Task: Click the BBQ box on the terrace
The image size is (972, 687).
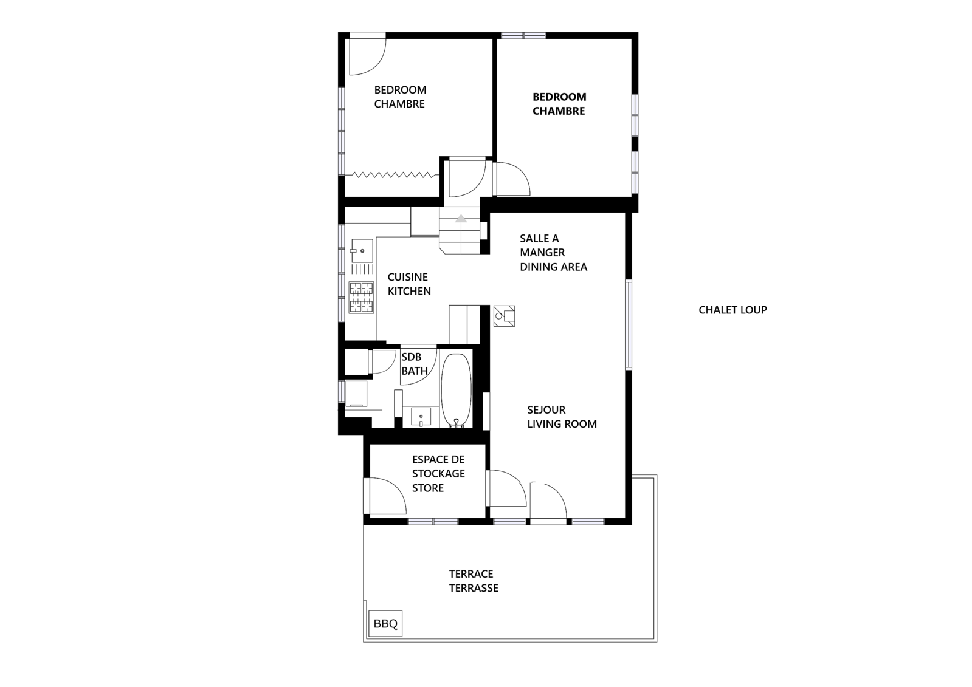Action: coord(385,624)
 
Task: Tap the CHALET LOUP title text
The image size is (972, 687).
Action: coord(732,310)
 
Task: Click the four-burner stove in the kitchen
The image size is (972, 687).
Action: coord(362,297)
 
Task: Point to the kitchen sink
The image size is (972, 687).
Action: coord(362,251)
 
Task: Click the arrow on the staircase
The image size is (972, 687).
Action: coord(461,219)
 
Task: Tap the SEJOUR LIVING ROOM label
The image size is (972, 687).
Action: coord(562,417)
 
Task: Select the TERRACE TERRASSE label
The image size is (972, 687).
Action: coord(474,581)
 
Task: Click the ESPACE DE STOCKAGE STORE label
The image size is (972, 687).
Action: coord(438,474)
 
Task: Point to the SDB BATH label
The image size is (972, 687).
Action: coord(415,364)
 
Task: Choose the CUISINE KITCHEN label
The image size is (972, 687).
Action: coord(409,284)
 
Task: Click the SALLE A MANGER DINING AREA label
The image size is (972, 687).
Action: coord(553,253)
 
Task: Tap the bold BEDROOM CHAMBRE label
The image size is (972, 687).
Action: coord(559,104)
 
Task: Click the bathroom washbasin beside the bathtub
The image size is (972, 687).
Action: coord(421,417)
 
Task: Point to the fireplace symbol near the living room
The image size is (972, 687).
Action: coord(504,316)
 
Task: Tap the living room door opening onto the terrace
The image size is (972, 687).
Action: coord(548,503)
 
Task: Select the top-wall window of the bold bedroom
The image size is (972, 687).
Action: coord(524,35)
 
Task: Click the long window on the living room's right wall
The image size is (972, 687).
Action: coord(628,325)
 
